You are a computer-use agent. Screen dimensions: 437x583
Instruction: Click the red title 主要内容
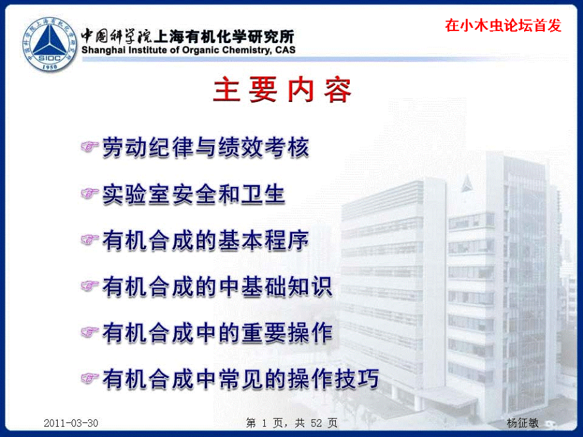(x=282, y=91)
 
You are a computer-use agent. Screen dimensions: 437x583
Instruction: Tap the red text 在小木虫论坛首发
(x=503, y=25)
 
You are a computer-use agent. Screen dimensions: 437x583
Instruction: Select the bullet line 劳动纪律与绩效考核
(x=206, y=148)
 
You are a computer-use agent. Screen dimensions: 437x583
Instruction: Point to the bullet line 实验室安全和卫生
(x=194, y=194)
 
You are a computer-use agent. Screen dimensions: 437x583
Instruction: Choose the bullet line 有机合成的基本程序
(x=206, y=241)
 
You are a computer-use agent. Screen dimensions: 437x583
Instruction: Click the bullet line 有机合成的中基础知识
(x=217, y=287)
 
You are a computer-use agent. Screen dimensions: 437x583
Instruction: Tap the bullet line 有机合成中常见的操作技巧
(x=241, y=379)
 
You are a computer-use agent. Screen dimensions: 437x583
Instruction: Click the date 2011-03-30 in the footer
(x=72, y=423)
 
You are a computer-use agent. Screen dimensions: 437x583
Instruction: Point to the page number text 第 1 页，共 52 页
(x=291, y=423)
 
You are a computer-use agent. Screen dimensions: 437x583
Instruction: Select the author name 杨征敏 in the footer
(x=523, y=423)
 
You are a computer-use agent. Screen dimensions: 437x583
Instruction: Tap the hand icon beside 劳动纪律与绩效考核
(x=90, y=147)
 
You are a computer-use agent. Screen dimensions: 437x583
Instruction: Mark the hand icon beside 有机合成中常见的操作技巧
(x=90, y=379)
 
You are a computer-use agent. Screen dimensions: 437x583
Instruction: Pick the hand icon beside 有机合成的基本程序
(x=90, y=240)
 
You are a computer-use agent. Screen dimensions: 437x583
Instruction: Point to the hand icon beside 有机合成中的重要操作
(x=90, y=332)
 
